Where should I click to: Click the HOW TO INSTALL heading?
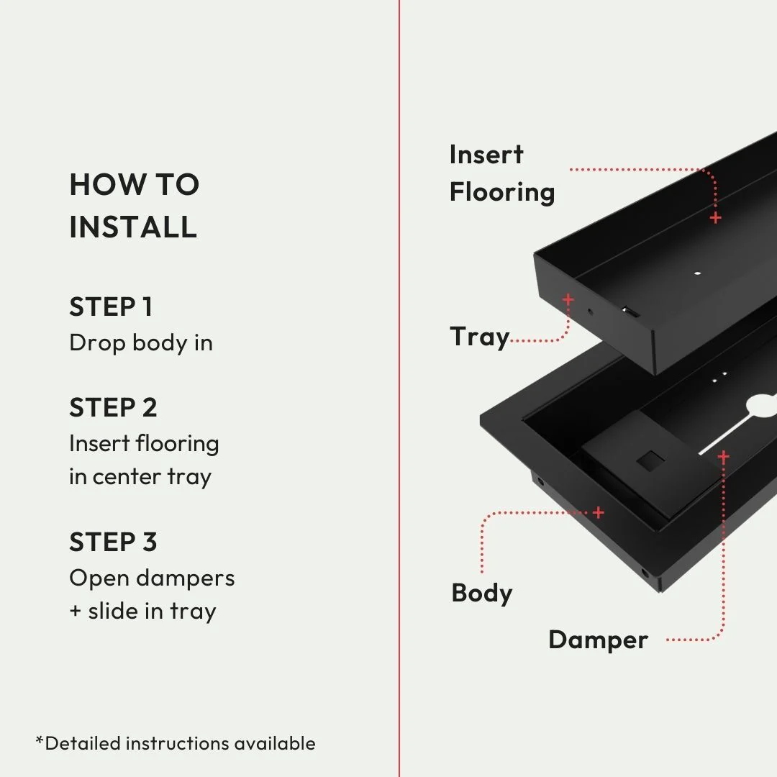pos(134,206)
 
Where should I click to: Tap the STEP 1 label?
pos(111,306)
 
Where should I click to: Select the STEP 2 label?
pos(113,407)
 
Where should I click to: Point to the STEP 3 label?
pos(113,542)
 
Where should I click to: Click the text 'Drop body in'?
pos(141,342)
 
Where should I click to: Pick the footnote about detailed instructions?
pos(176,742)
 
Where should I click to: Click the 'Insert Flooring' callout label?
pos(501,173)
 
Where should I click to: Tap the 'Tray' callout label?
pos(479,337)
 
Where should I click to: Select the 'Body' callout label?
pos(481,593)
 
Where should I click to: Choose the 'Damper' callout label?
pos(598,640)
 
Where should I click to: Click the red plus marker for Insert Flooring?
pos(715,217)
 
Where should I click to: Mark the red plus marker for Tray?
pos(568,299)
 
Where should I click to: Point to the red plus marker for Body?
pos(599,512)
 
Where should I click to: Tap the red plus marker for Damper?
pos(723,456)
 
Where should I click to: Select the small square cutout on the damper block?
pos(649,460)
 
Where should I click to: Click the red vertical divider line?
pos(399,388)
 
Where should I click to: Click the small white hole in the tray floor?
pos(696,273)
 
